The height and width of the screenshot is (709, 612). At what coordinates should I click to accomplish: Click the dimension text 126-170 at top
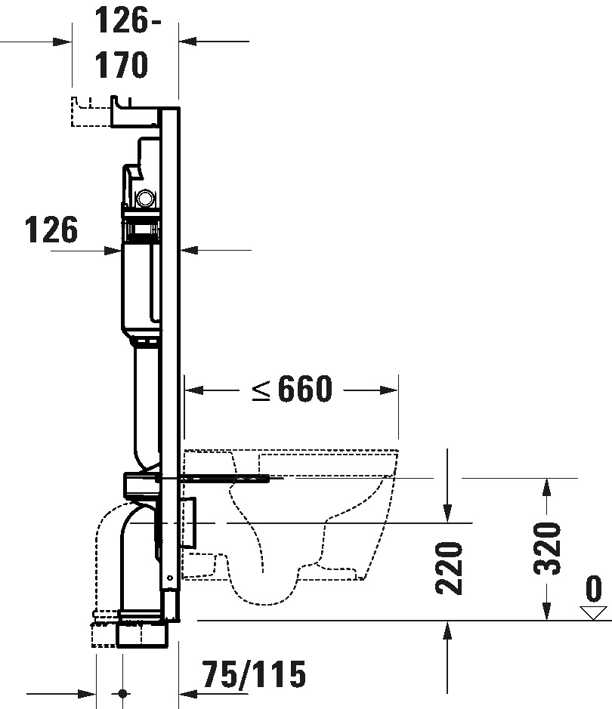(122, 44)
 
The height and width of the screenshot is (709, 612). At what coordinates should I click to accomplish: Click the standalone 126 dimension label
(51, 230)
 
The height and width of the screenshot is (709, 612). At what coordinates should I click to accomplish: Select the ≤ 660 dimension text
(292, 390)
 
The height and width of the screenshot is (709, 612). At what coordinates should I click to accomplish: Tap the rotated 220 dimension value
(449, 567)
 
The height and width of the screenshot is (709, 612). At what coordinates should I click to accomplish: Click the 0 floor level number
(594, 587)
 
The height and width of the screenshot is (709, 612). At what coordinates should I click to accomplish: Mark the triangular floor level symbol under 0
(594, 612)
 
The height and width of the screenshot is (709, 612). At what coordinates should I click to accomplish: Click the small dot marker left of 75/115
(122, 692)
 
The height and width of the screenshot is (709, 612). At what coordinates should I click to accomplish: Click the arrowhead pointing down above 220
(448, 513)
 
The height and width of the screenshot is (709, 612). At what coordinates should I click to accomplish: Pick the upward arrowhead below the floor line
(448, 630)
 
